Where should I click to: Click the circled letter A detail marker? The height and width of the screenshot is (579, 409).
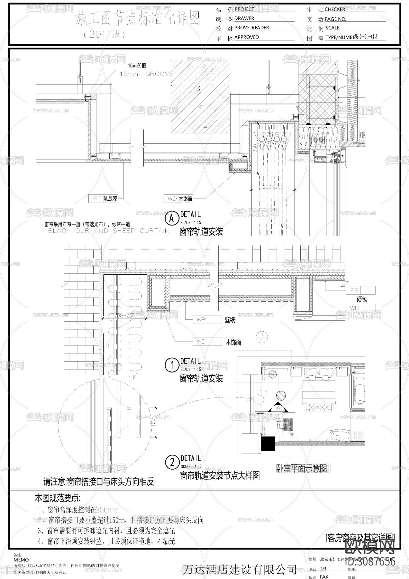tap(172, 218)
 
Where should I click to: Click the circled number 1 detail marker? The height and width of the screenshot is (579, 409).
tap(172, 365)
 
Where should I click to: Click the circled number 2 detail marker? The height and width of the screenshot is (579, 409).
tap(172, 463)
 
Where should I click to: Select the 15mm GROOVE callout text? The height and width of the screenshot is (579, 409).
tap(146, 74)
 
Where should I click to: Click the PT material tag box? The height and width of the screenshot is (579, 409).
tap(96, 198)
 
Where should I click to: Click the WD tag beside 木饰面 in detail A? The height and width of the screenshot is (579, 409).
tap(170, 199)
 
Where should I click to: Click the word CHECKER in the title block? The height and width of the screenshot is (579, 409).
tap(335, 9)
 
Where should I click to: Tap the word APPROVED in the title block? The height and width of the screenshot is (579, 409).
tap(246, 37)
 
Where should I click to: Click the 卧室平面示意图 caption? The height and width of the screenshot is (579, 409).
tap(301, 468)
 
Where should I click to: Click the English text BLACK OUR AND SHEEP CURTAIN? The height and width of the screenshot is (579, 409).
tap(108, 231)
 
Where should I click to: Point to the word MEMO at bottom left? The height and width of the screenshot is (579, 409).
tap(21, 560)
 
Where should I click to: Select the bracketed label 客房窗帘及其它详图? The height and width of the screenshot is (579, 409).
tap(360, 537)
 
